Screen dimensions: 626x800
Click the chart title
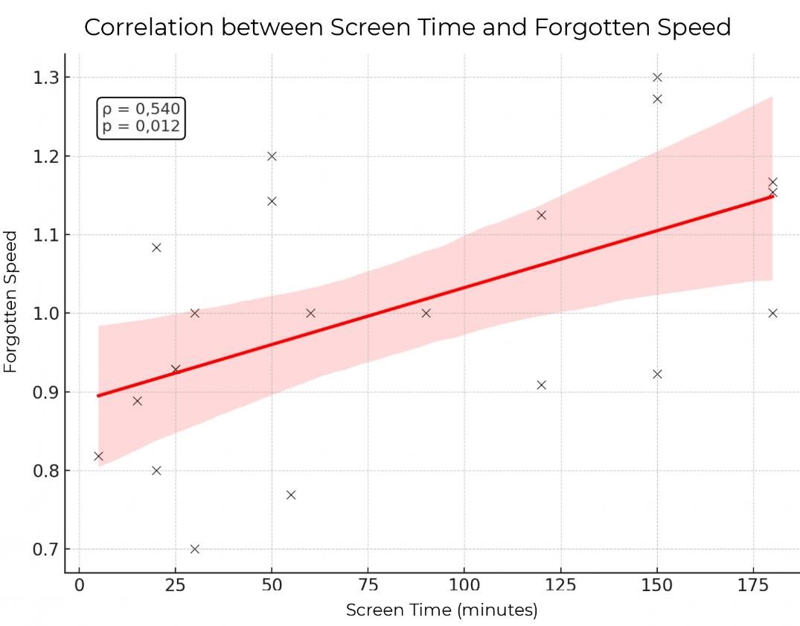(407, 28)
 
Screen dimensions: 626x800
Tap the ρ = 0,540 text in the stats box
(141, 110)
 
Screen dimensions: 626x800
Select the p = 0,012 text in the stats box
(141, 126)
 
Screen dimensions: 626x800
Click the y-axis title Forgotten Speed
(11, 302)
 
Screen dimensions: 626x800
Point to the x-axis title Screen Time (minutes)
(441, 610)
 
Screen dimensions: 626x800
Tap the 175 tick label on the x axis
(753, 584)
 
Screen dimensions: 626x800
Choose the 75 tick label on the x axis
(368, 584)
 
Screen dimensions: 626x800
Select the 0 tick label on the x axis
(80, 584)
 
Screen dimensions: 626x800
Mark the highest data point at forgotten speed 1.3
(657, 77)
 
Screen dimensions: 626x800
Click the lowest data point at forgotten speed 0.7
(195, 549)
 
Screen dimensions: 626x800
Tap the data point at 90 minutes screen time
(426, 313)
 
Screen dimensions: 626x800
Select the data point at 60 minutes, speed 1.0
(310, 313)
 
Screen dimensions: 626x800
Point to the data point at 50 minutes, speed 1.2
(272, 156)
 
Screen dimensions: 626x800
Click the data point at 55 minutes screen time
(291, 495)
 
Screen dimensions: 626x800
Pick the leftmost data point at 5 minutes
(98, 456)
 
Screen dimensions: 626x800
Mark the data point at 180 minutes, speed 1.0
(772, 313)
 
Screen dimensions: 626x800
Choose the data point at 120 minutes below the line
(542, 385)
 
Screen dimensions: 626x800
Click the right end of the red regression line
(772, 196)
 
